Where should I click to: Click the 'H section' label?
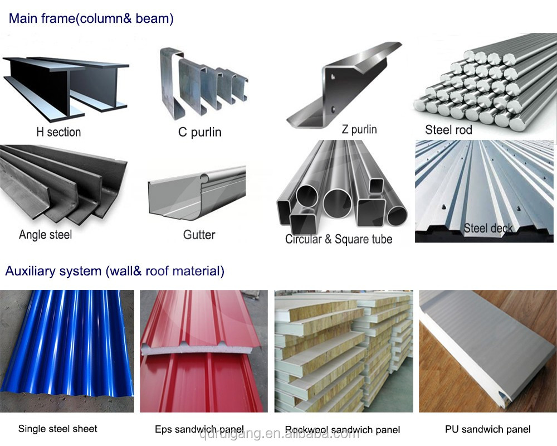tap(58, 132)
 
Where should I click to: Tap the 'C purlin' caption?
tap(199, 132)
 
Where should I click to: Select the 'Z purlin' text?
tap(359, 129)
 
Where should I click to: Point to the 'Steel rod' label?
tap(448, 130)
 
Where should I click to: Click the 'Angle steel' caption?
tap(46, 235)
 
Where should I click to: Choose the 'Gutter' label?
tap(199, 235)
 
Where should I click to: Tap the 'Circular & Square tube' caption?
tap(339, 239)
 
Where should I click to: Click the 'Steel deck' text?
tap(488, 228)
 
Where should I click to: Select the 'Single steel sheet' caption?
tap(57, 429)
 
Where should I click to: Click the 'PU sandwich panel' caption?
tap(488, 429)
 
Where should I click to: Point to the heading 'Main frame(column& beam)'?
tap(91, 18)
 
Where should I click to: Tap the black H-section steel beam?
tap(66, 88)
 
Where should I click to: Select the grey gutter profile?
tap(197, 193)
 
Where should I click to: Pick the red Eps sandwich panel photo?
tap(203, 351)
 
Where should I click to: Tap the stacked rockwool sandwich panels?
tap(344, 351)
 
